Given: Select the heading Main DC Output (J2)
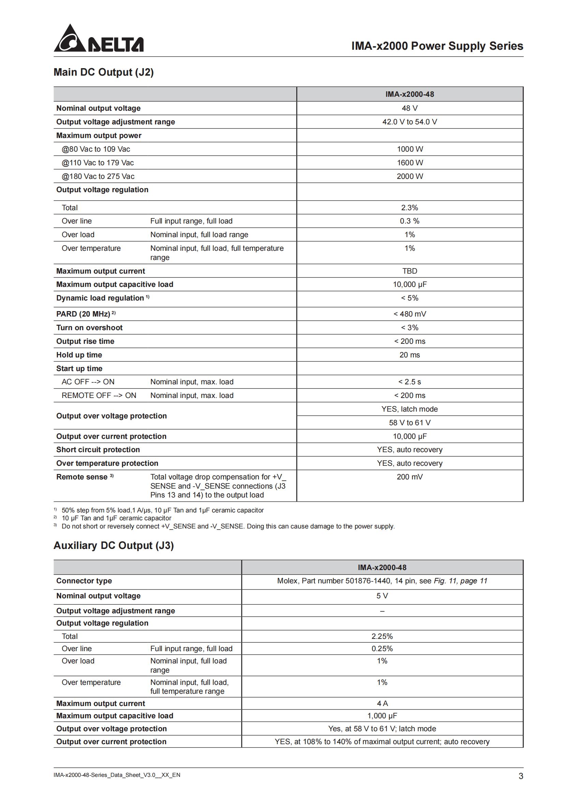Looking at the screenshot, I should point(104,72).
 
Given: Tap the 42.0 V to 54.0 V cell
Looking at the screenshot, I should point(410,122).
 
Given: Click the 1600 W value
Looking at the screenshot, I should point(410,163).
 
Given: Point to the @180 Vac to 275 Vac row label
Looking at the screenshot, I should point(98,177).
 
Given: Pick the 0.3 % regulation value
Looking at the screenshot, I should point(410,221).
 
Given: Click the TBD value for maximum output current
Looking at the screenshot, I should point(410,271).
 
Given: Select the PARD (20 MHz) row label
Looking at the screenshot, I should point(83,314).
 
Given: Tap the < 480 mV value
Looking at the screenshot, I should point(410,314).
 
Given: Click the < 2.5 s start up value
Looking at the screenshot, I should point(410,382).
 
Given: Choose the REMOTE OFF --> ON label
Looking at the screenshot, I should point(99,395).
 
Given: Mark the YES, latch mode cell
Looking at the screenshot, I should point(410,409).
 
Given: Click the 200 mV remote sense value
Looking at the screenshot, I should point(410,477).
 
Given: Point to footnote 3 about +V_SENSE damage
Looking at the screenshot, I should point(228,526).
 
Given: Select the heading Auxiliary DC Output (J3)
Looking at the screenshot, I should point(114,545).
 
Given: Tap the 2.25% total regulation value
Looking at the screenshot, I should point(382,636).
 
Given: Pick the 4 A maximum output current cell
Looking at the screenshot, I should point(382,703).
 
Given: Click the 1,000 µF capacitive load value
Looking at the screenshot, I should point(382,716).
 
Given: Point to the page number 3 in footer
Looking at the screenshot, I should point(521,776).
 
